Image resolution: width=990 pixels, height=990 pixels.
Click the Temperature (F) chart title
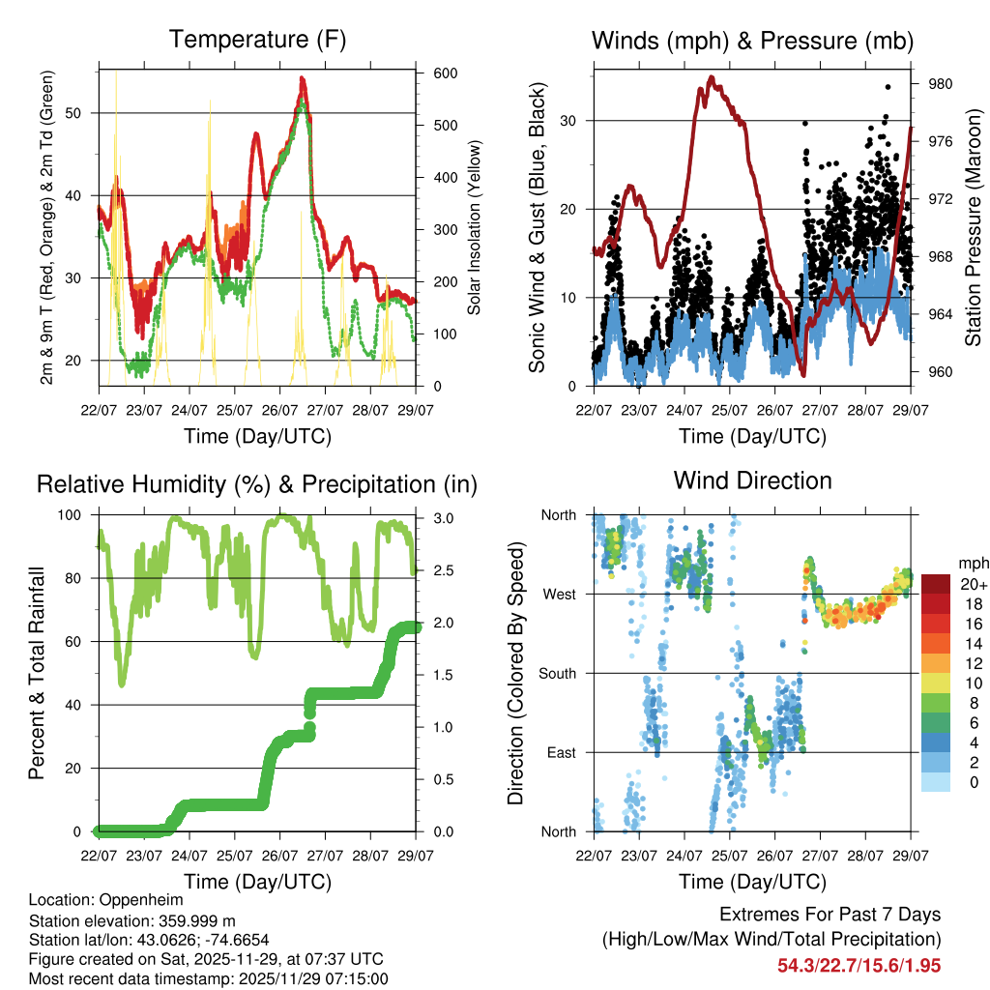pos(257,40)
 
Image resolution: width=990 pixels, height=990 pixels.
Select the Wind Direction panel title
pos(752,480)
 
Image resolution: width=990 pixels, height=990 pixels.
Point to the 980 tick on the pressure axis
pos(941,84)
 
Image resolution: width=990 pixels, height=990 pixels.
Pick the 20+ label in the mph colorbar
pos(974,584)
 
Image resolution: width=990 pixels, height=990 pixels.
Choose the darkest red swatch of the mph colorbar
pos(937,584)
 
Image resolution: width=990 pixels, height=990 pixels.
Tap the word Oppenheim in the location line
pos(141,900)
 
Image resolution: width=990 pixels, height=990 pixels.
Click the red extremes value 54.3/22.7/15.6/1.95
pos(859,966)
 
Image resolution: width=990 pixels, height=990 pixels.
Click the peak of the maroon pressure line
pos(712,77)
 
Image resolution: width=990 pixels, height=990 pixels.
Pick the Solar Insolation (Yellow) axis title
pos(475,227)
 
